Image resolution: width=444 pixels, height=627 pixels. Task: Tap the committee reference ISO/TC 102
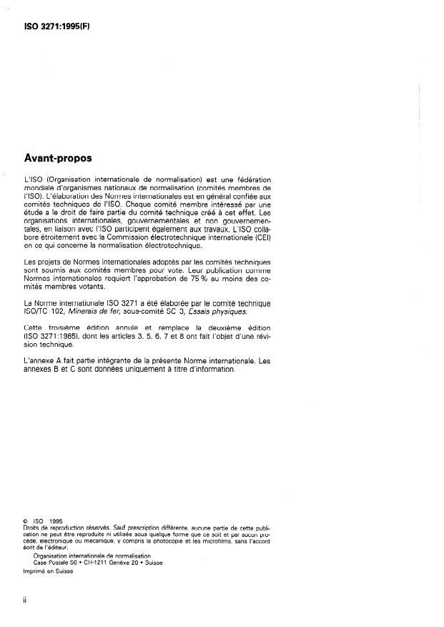click(41, 311)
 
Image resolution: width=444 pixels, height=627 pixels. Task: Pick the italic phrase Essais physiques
click(219, 311)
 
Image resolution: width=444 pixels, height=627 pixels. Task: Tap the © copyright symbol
click(26, 521)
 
